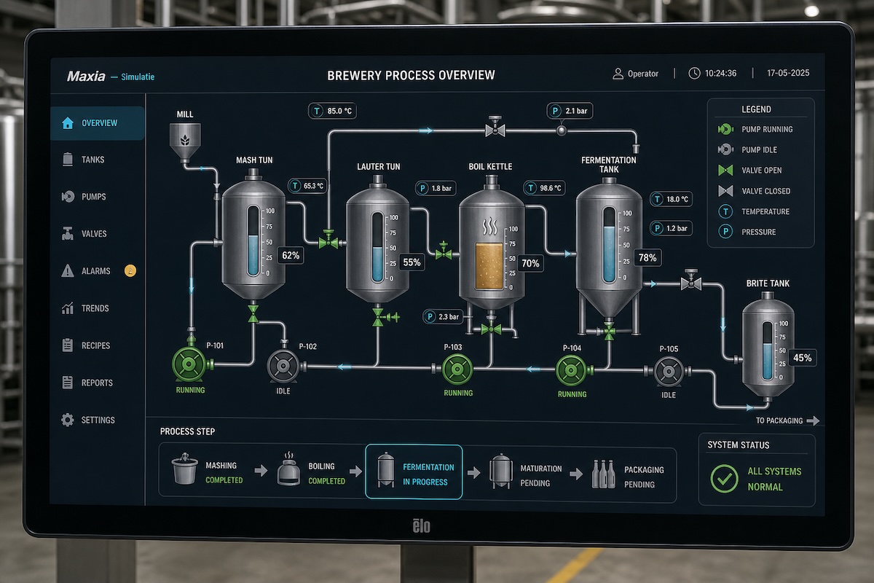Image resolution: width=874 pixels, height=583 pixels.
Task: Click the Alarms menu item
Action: (95, 270)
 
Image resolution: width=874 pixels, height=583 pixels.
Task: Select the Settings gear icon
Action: (68, 420)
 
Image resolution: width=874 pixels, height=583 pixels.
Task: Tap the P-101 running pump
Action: (189, 364)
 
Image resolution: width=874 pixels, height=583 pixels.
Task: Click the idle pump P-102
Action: (283, 366)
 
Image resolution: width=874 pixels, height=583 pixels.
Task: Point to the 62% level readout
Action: (291, 256)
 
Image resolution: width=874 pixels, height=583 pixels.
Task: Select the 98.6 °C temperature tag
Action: (545, 188)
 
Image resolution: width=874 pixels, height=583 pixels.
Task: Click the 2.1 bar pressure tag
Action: (570, 111)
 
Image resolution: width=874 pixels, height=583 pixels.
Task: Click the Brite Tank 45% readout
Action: (802, 358)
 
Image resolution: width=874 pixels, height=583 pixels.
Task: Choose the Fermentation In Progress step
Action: (414, 472)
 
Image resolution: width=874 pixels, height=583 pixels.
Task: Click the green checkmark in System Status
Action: (724, 479)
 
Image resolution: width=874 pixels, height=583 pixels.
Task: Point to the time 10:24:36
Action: (720, 74)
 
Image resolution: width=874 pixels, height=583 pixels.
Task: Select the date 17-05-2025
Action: (788, 73)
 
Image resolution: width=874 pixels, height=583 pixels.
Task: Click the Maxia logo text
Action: (86, 76)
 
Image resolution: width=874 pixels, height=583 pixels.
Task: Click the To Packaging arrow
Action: (813, 420)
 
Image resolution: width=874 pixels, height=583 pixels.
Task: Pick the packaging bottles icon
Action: (603, 474)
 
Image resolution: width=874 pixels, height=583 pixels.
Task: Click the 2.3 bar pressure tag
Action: (443, 317)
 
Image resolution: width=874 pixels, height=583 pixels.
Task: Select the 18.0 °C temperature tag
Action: (671, 199)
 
